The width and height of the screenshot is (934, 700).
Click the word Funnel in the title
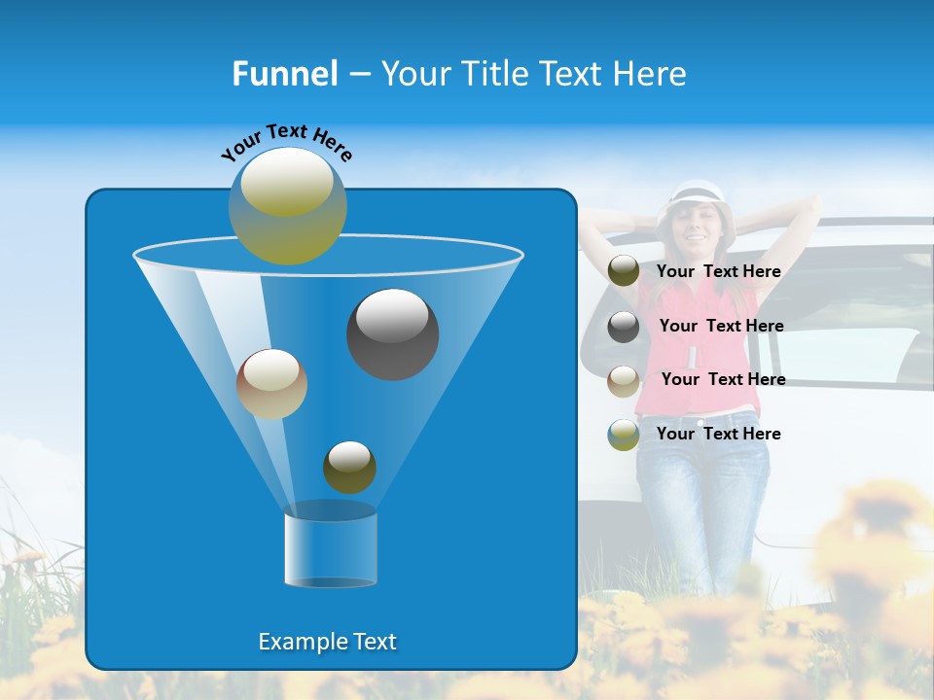(x=284, y=74)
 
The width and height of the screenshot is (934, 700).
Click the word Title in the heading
(x=496, y=74)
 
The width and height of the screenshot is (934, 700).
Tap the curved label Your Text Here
(x=286, y=143)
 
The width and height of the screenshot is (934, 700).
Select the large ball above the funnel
(x=287, y=205)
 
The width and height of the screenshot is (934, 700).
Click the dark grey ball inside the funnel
(x=392, y=333)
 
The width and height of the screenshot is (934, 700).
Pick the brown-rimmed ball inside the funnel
(x=271, y=384)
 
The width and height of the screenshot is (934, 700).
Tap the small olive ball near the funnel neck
(x=349, y=467)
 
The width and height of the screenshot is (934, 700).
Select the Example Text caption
(x=327, y=642)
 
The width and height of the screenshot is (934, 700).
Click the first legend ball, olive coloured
(x=624, y=271)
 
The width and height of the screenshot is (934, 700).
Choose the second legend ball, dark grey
(x=624, y=326)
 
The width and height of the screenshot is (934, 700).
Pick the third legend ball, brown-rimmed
(x=624, y=380)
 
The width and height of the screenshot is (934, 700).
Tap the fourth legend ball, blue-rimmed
(x=624, y=434)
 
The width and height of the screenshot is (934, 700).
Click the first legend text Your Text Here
(x=718, y=272)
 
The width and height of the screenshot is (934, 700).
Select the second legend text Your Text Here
(x=721, y=327)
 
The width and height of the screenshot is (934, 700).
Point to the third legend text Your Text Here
(x=723, y=380)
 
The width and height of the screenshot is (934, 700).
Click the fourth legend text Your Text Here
(x=718, y=435)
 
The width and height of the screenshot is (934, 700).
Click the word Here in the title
(x=654, y=74)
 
